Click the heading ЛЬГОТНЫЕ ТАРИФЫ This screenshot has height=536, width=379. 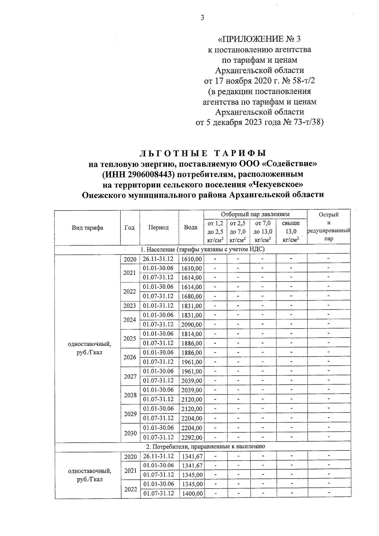tap(202, 154)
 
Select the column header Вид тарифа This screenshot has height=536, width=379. tap(87, 227)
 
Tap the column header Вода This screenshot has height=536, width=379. tap(191, 227)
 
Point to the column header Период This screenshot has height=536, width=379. tap(159, 227)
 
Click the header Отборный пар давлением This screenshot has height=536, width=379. tap(255, 214)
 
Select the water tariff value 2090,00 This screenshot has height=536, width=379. tap(191, 325)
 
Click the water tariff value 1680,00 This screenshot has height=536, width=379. tap(191, 297)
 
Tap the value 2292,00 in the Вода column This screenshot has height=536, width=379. tap(191, 438)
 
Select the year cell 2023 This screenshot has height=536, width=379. tap(130, 306)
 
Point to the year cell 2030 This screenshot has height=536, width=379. tap(130, 433)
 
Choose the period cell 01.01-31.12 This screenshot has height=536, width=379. tap(159, 306)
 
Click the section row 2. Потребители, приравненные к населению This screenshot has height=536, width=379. tap(202, 447)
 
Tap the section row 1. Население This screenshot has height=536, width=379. tap(202, 250)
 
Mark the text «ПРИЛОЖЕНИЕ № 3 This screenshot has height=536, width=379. tap(259, 39)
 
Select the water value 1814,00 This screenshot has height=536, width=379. tap(191, 334)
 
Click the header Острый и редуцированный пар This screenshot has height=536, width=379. tap(328, 227)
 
